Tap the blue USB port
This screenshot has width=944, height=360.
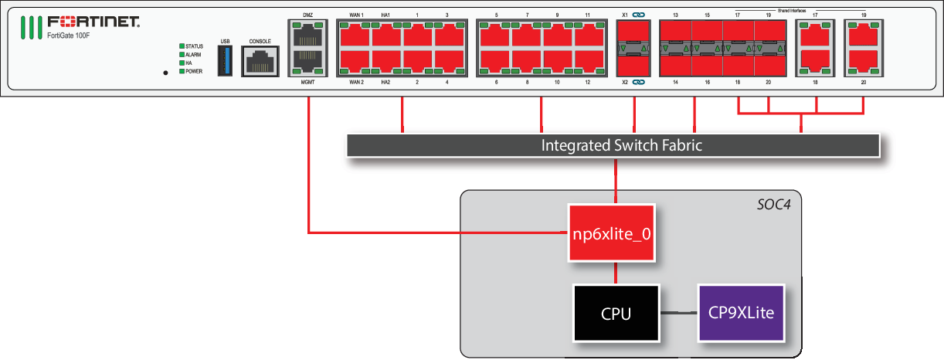pyautogui.click(x=225, y=60)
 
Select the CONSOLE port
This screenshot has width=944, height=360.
pyautogui.click(x=259, y=61)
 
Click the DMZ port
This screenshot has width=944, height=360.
pyautogui.click(x=307, y=36)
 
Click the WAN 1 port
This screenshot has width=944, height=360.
pyautogui.click(x=355, y=36)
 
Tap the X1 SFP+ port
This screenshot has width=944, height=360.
pyautogui.click(x=633, y=36)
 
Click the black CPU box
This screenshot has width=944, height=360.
pyautogui.click(x=616, y=314)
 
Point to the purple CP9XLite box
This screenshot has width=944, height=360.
pyautogui.click(x=742, y=314)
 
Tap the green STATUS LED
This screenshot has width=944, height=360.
pyautogui.click(x=182, y=46)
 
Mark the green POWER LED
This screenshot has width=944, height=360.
pyautogui.click(x=182, y=71)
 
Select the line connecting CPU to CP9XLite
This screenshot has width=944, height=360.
pyautogui.click(x=678, y=313)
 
